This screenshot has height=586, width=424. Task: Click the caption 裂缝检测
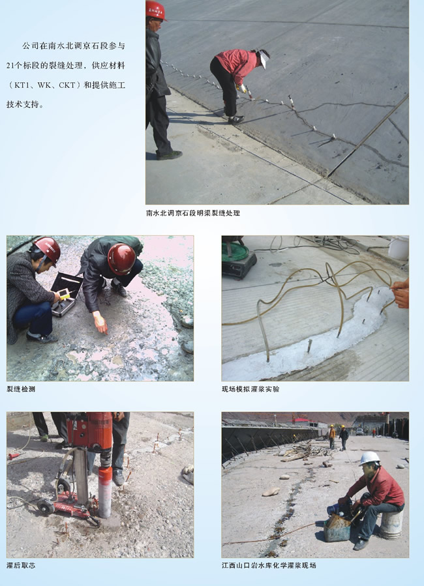tap(21, 389)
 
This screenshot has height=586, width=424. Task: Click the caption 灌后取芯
tap(21, 565)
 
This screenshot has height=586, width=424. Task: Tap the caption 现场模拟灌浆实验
tap(250, 389)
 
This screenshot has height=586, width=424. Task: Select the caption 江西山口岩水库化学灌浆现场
tap(269, 565)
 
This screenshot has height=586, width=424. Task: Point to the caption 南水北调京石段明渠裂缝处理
tap(193, 213)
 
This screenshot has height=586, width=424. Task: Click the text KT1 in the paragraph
tap(22, 85)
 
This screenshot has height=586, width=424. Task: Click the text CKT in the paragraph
tap(67, 85)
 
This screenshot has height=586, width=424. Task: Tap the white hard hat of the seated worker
tap(369, 458)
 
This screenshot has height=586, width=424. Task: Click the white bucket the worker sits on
tap(391, 524)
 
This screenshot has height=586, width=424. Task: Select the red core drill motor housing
tap(90, 431)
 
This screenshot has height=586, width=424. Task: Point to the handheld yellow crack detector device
tap(64, 294)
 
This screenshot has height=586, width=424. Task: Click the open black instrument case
tap(66, 295)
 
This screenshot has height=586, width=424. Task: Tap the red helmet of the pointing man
tap(121, 259)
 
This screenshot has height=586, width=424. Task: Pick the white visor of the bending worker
tap(264, 59)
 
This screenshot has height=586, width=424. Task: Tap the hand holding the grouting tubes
tap(401, 293)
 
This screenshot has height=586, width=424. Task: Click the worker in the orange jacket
tap(332, 436)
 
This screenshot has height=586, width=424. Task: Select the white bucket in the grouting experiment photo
tap(398, 248)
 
